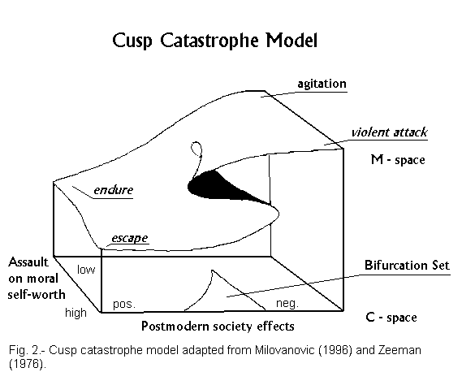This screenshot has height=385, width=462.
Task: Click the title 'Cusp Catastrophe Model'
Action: click(215, 41)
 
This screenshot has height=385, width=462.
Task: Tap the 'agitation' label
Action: click(322, 84)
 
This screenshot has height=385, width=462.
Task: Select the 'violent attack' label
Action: click(389, 132)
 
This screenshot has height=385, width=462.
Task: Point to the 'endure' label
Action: click(114, 190)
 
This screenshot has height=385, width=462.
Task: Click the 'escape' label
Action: click(130, 238)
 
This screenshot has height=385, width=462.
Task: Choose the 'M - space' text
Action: click(398, 160)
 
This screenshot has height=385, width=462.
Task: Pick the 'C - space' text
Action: click(391, 318)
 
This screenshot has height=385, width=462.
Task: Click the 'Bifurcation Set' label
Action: click(408, 265)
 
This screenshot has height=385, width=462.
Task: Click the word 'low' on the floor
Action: click(86, 270)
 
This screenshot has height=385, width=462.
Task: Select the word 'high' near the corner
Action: click(76, 313)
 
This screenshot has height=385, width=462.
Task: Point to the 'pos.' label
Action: click(124, 304)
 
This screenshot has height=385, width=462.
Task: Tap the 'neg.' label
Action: click(287, 303)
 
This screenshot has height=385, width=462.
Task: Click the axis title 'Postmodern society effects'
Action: click(218, 326)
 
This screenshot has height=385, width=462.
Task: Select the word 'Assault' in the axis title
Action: click(28, 262)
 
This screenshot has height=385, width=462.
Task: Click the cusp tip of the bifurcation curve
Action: click(212, 270)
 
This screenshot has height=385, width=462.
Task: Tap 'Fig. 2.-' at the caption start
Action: click(27, 350)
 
